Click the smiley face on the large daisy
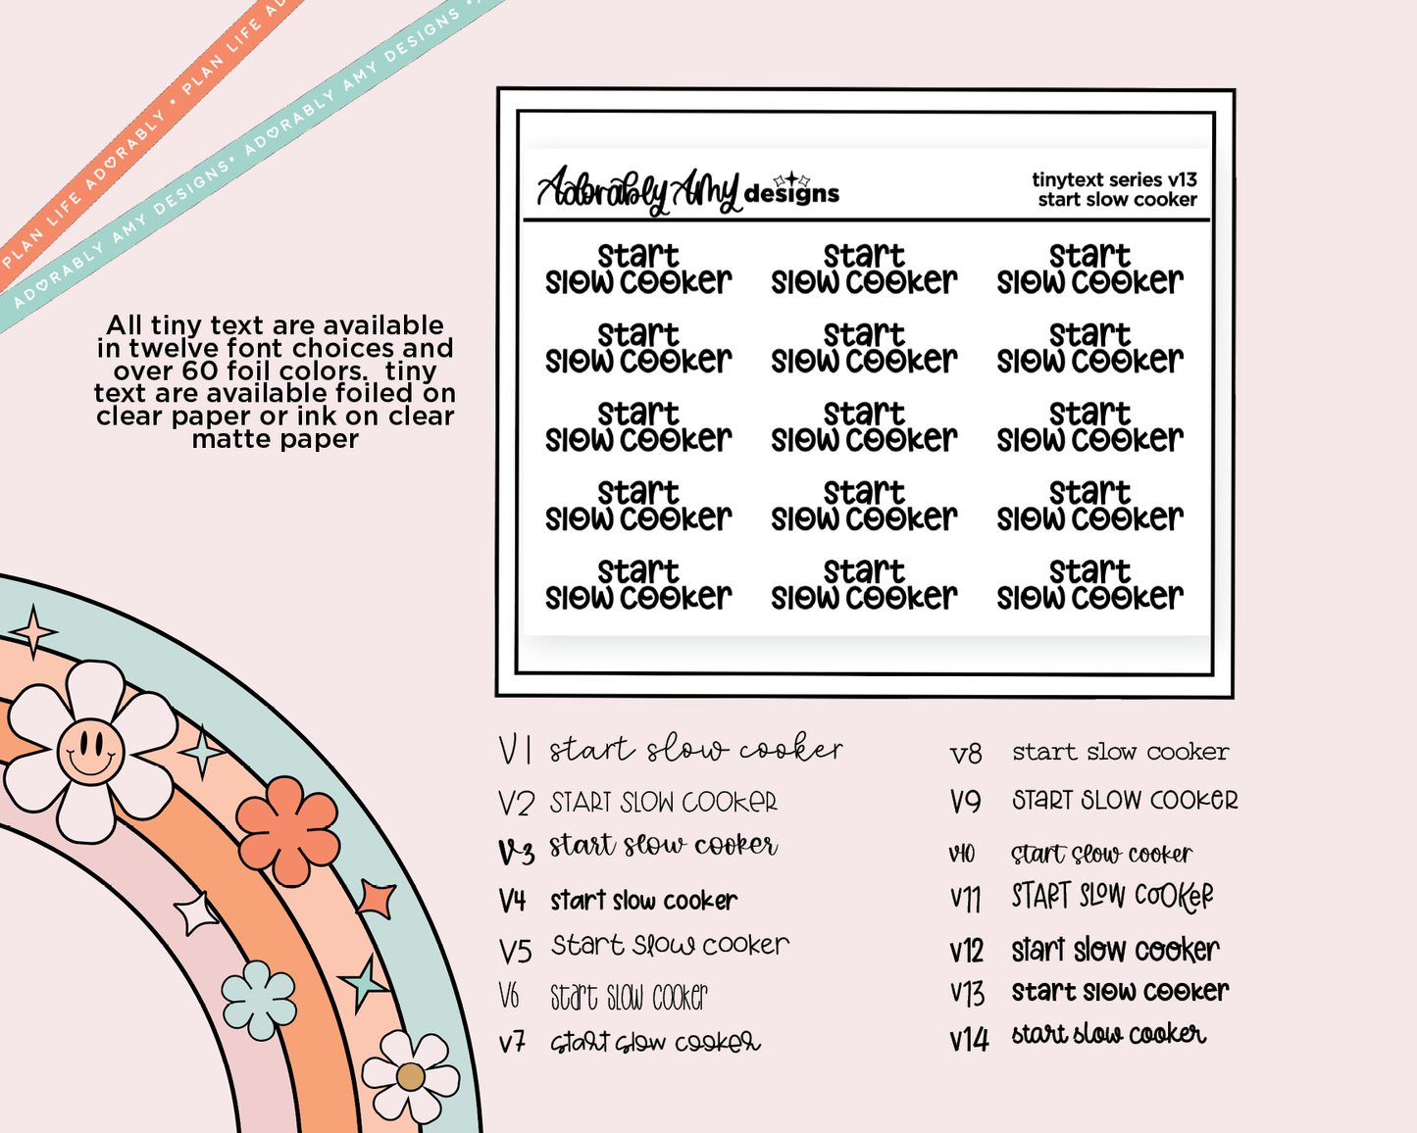(x=90, y=752)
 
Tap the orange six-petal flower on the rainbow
(x=287, y=830)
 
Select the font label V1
(x=515, y=751)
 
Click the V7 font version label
(x=512, y=1042)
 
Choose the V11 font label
(x=966, y=898)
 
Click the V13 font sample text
(x=1120, y=992)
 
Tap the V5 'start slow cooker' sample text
(x=670, y=946)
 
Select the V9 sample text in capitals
(x=1125, y=801)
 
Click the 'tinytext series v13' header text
(x=1114, y=179)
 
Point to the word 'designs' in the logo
(x=791, y=193)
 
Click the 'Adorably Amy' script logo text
(x=637, y=190)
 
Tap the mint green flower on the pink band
(x=259, y=1000)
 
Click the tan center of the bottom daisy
(x=410, y=1077)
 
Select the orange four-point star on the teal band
(x=377, y=898)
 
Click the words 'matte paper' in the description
(x=276, y=439)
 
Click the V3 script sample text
(x=663, y=846)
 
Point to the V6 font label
(x=509, y=997)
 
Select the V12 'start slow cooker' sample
(x=1115, y=950)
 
